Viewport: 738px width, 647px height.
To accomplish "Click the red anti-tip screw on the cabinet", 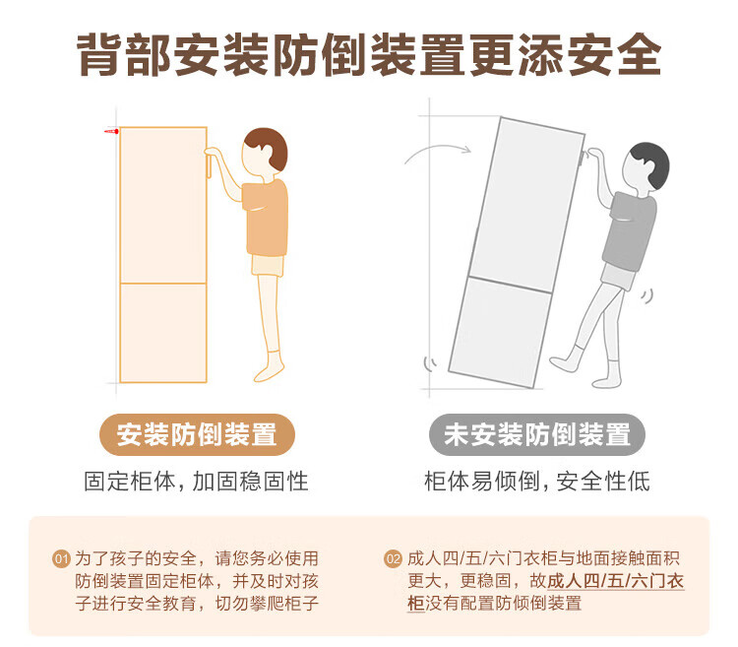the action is tap(111, 131).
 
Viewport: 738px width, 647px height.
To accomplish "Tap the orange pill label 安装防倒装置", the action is tap(197, 434).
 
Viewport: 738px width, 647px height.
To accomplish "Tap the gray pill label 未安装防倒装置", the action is tap(537, 434).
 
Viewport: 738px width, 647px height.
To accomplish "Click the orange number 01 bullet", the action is tap(61, 559).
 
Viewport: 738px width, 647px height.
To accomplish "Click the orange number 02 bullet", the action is tap(393, 559).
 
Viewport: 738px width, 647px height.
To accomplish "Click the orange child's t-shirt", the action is tap(265, 218).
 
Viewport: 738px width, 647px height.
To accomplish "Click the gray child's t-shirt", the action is tap(630, 231).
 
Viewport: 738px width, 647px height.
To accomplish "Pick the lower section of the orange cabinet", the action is tap(163, 333).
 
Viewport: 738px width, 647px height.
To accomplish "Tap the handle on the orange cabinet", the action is tap(208, 163).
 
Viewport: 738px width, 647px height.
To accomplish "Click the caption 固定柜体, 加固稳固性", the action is tap(196, 482).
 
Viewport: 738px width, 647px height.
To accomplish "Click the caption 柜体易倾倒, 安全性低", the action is tap(537, 482).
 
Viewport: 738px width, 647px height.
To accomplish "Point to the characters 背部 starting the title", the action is tap(124, 54).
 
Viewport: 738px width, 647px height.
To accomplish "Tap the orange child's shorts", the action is tap(268, 266).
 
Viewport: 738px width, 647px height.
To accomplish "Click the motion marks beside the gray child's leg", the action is tap(647, 296).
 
